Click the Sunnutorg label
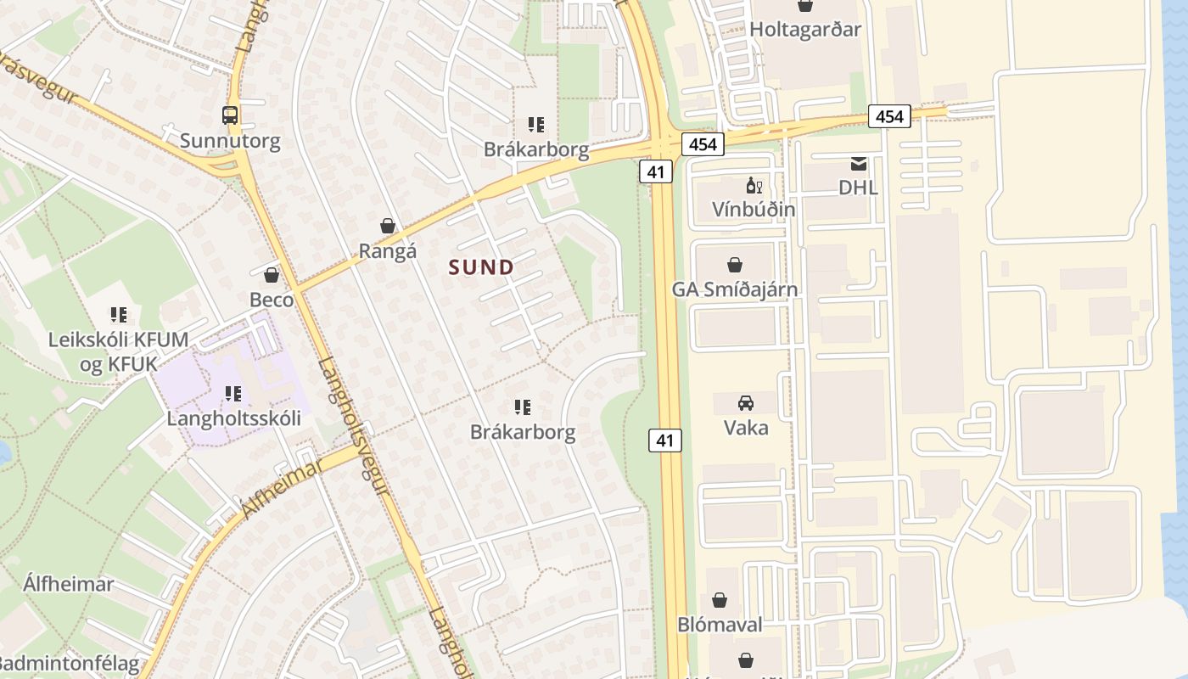[230, 140]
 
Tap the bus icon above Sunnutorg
[230, 115]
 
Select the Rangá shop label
[388, 251]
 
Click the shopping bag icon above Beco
[272, 274]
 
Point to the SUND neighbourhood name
[482, 267]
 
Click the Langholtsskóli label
[233, 418]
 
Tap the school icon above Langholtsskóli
[233, 393]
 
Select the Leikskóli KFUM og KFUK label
[118, 352]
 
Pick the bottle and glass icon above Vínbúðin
[754, 185]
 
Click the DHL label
[858, 188]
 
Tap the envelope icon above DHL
[859, 163]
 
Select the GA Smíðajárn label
[735, 289]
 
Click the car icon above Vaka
[746, 402]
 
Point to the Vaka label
[746, 427]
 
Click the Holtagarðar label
[805, 30]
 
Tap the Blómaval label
[720, 625]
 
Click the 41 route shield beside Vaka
[665, 440]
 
